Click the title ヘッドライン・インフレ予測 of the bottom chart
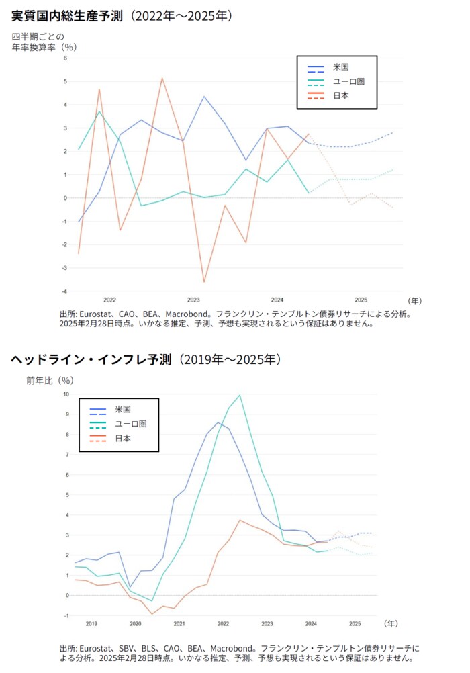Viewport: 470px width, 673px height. [91, 360]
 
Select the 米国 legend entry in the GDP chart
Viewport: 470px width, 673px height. [340, 68]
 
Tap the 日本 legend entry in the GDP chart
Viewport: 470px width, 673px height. [340, 96]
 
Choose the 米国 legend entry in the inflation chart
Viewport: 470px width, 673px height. [122, 410]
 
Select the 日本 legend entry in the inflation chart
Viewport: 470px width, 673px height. [122, 439]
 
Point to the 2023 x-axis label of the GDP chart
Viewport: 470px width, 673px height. [193, 300]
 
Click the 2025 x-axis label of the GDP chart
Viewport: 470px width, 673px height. [361, 300]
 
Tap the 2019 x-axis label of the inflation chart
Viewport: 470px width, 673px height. [91, 624]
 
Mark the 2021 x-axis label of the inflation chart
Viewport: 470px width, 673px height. [179, 624]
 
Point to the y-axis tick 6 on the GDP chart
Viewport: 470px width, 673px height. [66, 58]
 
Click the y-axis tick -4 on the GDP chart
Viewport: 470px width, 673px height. [64, 291]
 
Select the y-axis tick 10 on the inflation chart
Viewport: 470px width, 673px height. [66, 394]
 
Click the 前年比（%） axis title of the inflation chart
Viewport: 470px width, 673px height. [50, 380]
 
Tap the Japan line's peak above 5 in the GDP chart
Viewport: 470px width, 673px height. [162, 78]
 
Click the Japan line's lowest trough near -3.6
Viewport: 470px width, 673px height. [204, 282]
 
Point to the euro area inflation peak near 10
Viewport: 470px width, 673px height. [240, 395]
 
